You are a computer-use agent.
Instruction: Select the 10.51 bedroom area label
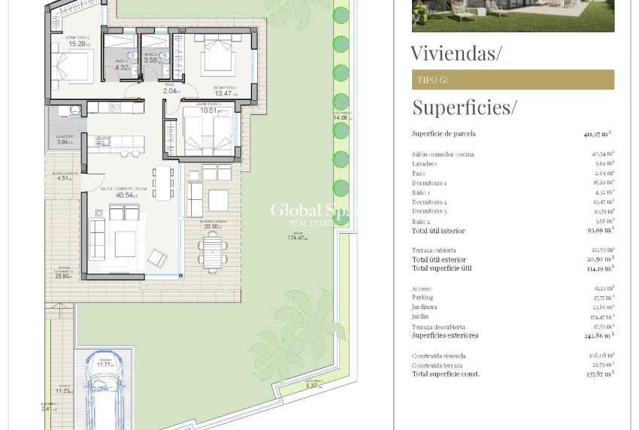[208, 111]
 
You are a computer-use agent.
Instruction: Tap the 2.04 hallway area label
[172, 91]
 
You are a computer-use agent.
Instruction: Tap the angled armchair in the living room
[158, 258]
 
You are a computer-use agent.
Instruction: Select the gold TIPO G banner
[513, 80]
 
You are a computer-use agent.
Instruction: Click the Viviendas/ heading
[456, 53]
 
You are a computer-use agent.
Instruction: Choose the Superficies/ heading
[464, 107]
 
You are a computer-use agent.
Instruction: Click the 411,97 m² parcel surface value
[598, 134]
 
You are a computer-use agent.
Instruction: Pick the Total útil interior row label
[438, 231]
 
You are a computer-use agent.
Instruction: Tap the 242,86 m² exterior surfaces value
[598, 335]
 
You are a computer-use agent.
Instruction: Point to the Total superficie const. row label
[445, 374]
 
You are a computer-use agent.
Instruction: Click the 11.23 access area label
[64, 391]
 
